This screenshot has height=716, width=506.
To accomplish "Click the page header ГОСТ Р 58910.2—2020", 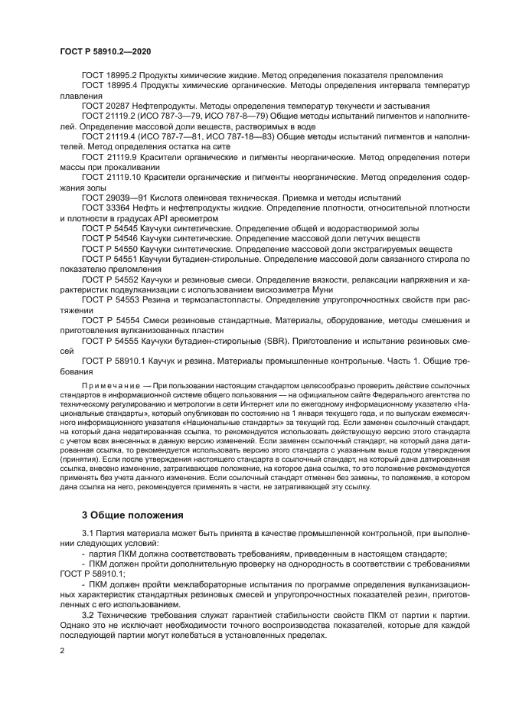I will click(105, 51).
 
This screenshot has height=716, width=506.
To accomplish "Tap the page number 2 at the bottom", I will click(62, 650).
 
